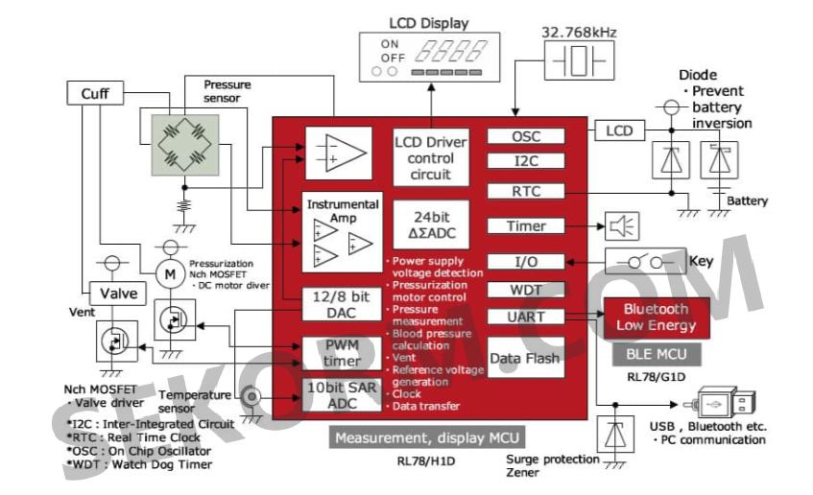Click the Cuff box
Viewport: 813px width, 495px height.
[94, 93]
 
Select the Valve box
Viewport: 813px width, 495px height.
[112, 294]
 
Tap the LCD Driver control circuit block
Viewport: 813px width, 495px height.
[430, 156]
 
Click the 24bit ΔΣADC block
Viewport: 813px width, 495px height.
[430, 224]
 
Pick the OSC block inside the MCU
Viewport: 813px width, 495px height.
[525, 137]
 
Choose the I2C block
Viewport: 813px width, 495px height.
[525, 160]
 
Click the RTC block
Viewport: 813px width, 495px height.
[525, 191]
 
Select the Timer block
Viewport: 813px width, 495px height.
[525, 226]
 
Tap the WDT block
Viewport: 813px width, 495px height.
[525, 290]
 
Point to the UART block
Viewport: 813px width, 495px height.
[525, 316]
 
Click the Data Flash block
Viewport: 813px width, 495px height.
[525, 358]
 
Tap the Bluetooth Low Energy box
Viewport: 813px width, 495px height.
[656, 318]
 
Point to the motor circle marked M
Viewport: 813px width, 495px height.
[169, 272]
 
